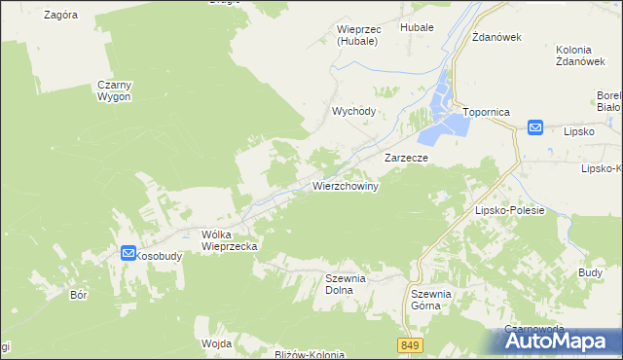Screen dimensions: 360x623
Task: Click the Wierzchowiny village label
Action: [345, 185]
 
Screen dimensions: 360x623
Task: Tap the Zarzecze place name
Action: [407, 157]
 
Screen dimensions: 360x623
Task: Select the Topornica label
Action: [487, 112]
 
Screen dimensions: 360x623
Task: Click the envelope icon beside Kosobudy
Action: [128, 253]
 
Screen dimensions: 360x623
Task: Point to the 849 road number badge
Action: [409, 345]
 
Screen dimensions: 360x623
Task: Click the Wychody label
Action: [353, 111]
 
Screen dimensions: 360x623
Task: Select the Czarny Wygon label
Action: [115, 91]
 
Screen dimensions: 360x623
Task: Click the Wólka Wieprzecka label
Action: [229, 240]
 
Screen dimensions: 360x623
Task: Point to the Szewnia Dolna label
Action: [345, 283]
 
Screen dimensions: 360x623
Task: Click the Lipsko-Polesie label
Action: [508, 210]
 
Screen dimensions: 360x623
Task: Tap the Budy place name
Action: [590, 273]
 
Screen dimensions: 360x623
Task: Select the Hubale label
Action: [417, 29]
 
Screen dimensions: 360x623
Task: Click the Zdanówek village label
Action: [497, 37]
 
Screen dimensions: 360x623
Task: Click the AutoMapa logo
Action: [563, 341]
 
